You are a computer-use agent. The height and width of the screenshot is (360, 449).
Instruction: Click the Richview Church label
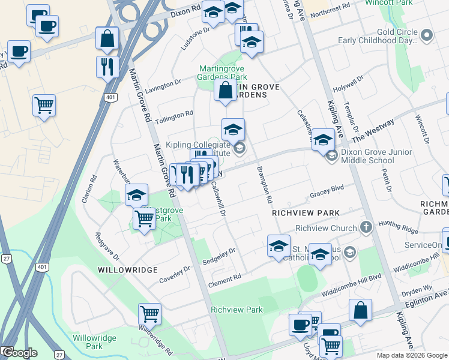pyautogui.click(x=326, y=228)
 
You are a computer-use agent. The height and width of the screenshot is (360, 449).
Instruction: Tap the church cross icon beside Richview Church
pyautogui.click(x=366, y=227)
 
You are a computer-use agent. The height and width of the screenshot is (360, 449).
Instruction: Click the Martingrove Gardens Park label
pyautogui.click(x=223, y=73)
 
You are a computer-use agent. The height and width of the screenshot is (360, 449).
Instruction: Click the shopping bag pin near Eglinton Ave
pyautogui.click(x=360, y=311)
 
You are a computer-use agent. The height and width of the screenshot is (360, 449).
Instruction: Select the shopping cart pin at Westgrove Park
pyautogui.click(x=144, y=220)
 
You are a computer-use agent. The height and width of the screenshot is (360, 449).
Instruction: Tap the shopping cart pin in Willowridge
pyautogui.click(x=149, y=313)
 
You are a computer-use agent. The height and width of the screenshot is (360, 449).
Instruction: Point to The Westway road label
pyautogui.click(x=373, y=131)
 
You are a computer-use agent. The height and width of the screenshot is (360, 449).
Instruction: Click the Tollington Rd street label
pyautogui.click(x=174, y=113)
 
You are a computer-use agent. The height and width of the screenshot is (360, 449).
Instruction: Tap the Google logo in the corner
pyautogui.click(x=19, y=353)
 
